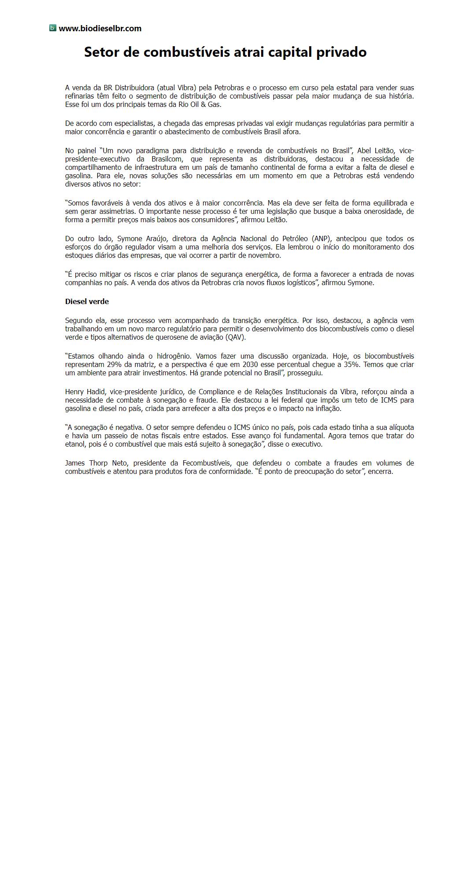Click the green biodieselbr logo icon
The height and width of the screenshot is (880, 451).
(x=53, y=28)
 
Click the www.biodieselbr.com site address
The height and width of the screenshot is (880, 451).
(x=100, y=29)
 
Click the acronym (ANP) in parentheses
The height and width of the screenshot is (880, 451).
(x=321, y=238)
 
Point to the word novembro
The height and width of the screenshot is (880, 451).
(x=266, y=255)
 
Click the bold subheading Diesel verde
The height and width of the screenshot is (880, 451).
(x=87, y=301)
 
